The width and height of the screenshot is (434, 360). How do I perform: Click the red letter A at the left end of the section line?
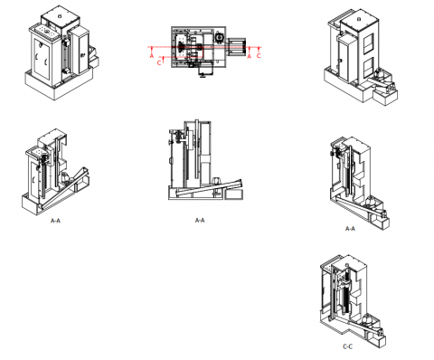click(152, 56)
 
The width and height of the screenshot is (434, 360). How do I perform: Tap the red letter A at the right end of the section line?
click(249, 56)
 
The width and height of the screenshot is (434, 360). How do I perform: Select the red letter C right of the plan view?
click(259, 56)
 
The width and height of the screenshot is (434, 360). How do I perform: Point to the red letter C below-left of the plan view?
click(159, 62)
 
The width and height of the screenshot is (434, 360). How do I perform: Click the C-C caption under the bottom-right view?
click(347, 346)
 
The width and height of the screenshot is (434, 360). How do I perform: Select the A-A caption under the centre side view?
click(200, 221)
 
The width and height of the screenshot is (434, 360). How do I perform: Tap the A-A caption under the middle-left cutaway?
click(55, 221)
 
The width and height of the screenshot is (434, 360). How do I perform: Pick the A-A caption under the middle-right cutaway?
click(350, 229)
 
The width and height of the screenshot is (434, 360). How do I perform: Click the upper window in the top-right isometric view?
click(368, 43)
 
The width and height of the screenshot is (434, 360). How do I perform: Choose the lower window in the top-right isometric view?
click(368, 68)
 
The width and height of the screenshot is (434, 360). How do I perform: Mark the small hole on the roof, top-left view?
click(60, 16)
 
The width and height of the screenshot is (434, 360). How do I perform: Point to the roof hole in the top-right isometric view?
click(359, 19)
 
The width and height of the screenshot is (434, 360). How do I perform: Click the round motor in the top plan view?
click(220, 37)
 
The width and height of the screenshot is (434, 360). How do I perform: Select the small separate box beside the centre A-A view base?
click(234, 194)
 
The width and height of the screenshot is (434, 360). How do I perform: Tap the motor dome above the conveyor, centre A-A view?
click(217, 181)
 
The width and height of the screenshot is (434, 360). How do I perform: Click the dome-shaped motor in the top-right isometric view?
click(379, 73)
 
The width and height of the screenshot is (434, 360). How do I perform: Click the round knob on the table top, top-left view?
click(46, 31)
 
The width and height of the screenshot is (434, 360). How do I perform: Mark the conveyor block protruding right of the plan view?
click(236, 46)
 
